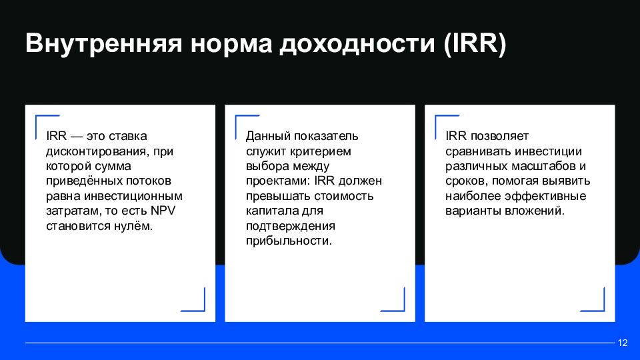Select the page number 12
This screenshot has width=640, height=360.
click(x=623, y=343)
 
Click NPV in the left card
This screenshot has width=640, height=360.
click(x=163, y=211)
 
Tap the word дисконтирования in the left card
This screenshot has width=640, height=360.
click(x=90, y=151)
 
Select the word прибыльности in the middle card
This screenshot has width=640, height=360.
click(x=289, y=241)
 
